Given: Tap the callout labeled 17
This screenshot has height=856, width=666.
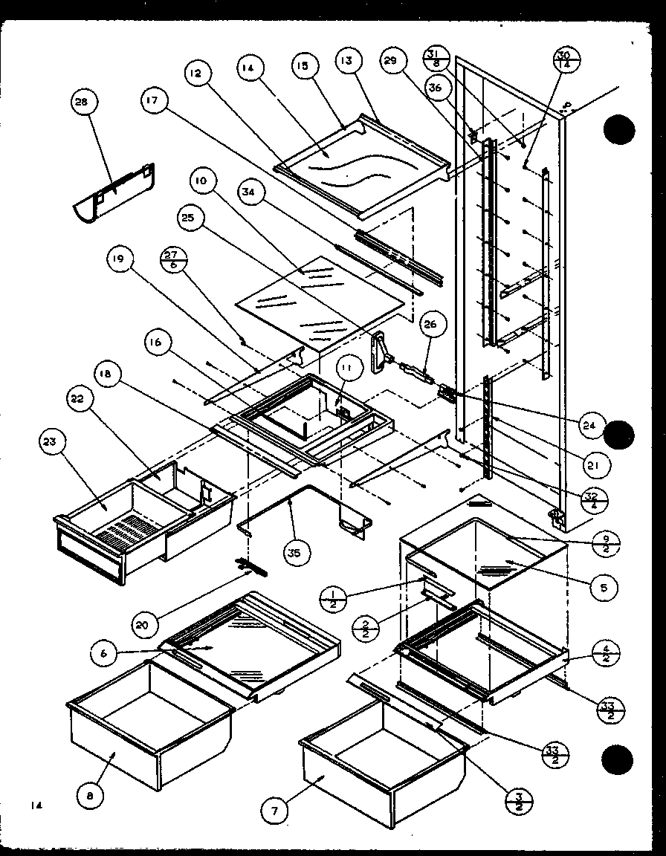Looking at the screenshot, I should click(152, 103).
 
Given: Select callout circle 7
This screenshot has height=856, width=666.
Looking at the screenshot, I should click(274, 811).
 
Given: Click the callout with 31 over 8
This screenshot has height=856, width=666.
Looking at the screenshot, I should click(436, 58).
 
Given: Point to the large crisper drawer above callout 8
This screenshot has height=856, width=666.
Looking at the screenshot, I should click(149, 721).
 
